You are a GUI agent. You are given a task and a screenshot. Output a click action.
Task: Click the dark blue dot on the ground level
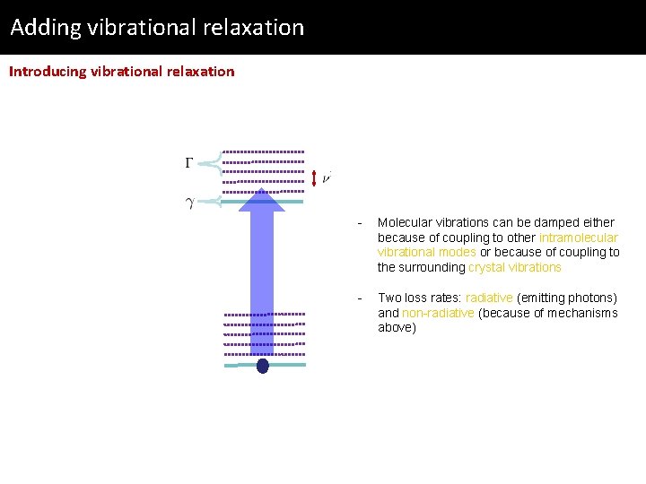click(262, 366)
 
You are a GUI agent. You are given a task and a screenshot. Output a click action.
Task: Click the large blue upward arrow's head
click(262, 200)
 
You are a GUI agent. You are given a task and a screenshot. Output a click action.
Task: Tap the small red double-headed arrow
click(314, 178)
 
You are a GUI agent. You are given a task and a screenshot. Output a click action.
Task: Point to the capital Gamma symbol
click(189, 163)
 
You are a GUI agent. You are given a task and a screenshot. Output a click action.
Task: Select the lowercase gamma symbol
click(189, 203)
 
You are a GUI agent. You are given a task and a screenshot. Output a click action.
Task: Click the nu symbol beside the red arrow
click(327, 177)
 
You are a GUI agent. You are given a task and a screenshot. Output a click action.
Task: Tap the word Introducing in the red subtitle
click(48, 72)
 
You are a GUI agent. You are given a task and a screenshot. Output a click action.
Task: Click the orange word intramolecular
click(578, 238)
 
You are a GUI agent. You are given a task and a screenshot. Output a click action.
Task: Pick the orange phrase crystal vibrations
click(514, 267)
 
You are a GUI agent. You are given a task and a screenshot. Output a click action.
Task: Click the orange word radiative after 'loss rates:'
click(489, 298)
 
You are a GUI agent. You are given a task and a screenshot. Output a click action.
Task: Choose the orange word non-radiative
click(438, 313)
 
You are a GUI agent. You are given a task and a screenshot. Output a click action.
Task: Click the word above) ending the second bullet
click(397, 328)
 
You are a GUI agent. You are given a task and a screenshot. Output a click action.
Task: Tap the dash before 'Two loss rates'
click(359, 298)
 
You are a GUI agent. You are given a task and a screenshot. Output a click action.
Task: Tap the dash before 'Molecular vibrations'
click(359, 222)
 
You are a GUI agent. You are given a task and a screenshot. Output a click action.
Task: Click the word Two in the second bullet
click(388, 298)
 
